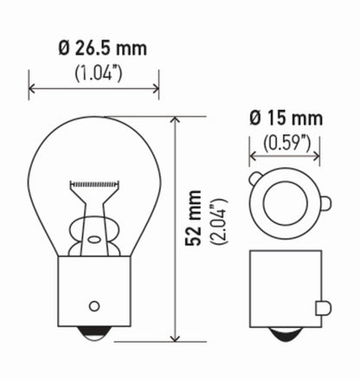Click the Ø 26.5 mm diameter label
pyautogui.click(x=95, y=48)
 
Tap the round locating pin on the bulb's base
pyautogui.click(x=94, y=306)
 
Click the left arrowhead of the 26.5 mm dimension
pyautogui.click(x=33, y=87)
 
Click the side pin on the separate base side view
pyautogui.click(x=323, y=306)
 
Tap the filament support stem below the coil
pyautogui.click(x=94, y=212)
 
